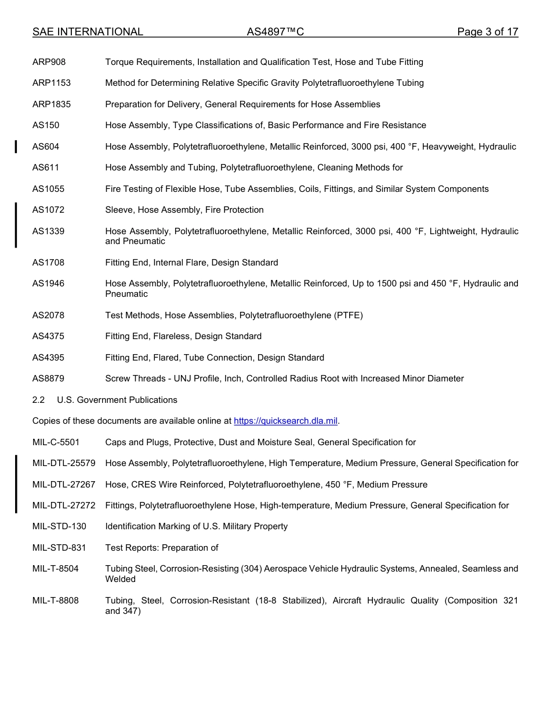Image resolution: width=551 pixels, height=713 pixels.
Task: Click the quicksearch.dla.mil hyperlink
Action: [285, 421]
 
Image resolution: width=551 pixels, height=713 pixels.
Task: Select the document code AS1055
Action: [48, 189]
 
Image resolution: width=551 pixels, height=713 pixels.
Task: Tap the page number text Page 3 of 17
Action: [487, 32]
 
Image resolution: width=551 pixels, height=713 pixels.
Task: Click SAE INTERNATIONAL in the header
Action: [88, 32]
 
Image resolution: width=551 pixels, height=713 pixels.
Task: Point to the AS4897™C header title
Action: [275, 32]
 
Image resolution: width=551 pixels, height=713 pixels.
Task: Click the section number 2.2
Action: [38, 400]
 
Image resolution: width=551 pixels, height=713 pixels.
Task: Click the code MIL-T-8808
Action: [55, 601]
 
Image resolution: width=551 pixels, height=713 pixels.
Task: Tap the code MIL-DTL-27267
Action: [64, 485]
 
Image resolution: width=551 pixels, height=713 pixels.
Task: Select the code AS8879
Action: [48, 379]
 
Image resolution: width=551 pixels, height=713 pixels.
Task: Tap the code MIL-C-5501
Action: [56, 442]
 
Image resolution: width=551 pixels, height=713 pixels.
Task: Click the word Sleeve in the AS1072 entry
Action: [118, 210]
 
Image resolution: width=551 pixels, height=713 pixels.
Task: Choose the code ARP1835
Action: [51, 104]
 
